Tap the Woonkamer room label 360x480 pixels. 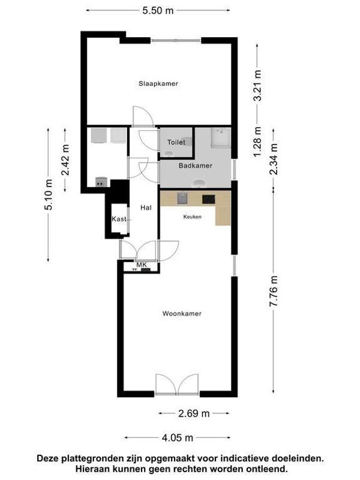[x=181, y=314]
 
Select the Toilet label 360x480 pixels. [x=176, y=143]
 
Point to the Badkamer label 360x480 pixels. [x=194, y=165]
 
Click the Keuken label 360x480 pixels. [x=192, y=217]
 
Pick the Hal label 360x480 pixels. [x=145, y=208]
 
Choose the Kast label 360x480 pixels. [x=118, y=220]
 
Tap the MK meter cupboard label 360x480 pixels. [x=142, y=265]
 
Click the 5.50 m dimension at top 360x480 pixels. [x=158, y=11]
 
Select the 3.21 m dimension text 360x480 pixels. [x=258, y=86]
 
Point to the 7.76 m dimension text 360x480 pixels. [x=274, y=292]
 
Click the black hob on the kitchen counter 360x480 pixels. [x=209, y=198]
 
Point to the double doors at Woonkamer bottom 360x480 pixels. [x=176, y=384]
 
